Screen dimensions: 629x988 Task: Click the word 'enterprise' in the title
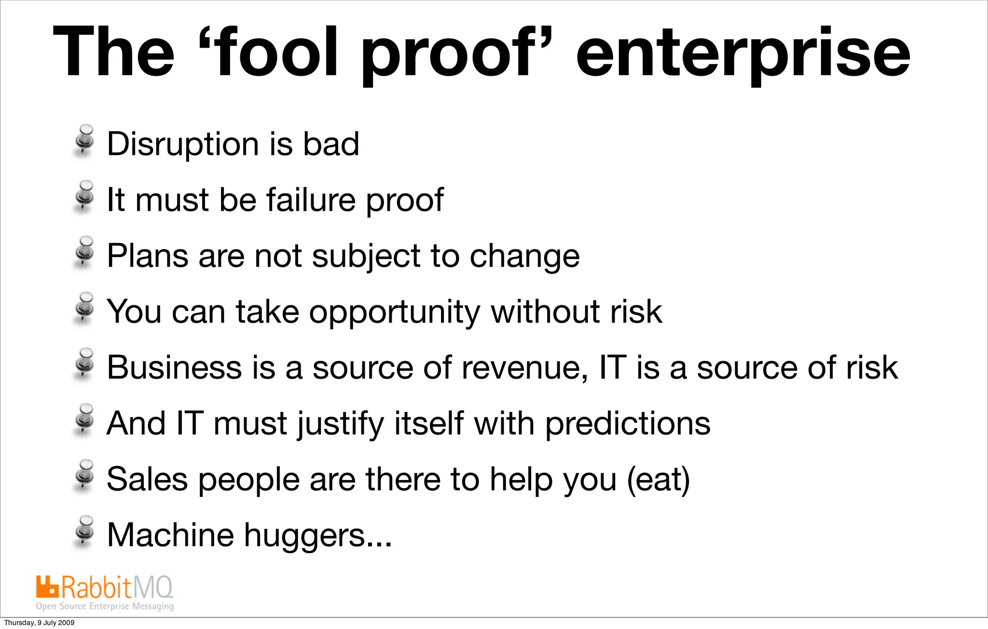pyautogui.click(x=743, y=54)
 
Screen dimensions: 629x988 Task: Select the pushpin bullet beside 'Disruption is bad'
pyautogui.click(x=84, y=140)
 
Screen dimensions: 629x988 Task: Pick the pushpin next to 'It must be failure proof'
pyautogui.click(x=84, y=196)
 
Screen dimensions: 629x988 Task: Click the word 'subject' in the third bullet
pyautogui.click(x=366, y=256)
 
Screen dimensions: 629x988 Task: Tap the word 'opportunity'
pyautogui.click(x=394, y=313)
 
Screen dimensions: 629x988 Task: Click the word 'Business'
pyautogui.click(x=174, y=368)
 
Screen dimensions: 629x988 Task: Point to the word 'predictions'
pyautogui.click(x=628, y=424)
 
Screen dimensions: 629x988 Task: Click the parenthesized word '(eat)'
pyautogui.click(x=659, y=479)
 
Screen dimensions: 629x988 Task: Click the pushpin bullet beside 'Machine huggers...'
pyautogui.click(x=84, y=531)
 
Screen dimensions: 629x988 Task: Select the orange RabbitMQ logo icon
pyautogui.click(x=47, y=587)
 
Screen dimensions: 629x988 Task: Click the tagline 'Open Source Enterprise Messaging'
pyautogui.click(x=105, y=606)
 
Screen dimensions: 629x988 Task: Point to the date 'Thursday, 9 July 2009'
pyautogui.click(x=39, y=623)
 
